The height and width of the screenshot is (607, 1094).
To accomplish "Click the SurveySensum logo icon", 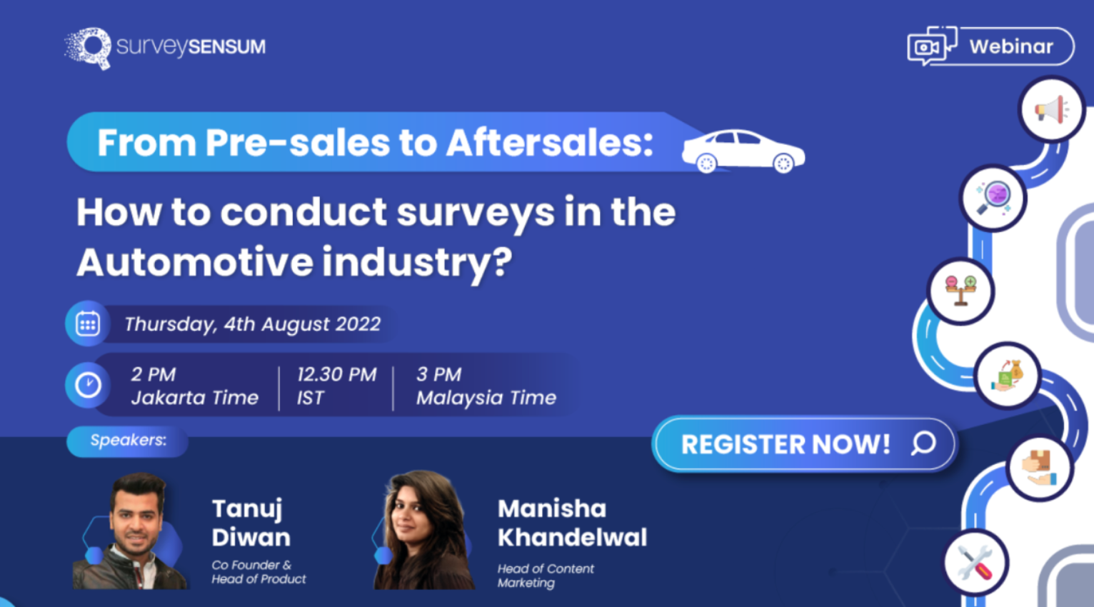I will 89,48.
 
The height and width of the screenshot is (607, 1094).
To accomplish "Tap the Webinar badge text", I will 1010,46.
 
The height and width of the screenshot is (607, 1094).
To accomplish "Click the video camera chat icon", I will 931,46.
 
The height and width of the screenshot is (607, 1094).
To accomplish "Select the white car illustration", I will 743,151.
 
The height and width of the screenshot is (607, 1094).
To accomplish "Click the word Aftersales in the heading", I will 549,142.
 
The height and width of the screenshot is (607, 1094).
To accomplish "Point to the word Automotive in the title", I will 194,261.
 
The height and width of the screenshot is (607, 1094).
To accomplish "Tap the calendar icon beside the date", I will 88,324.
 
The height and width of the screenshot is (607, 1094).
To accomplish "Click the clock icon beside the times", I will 88,386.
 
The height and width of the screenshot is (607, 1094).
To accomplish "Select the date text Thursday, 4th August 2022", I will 252,324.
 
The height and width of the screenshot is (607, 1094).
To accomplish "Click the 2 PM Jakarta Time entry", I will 194,386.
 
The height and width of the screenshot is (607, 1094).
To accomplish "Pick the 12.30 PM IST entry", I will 336,386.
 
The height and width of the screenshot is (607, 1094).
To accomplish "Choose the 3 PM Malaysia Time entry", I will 486,386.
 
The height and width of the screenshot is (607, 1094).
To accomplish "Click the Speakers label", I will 128,441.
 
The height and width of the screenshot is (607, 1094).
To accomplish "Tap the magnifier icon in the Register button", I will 923,443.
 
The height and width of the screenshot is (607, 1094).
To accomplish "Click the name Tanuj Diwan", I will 251,523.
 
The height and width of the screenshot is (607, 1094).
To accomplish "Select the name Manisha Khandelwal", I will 572,523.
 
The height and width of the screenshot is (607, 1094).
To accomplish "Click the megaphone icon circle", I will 1051,110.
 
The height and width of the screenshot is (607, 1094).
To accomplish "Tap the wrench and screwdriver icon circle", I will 975,563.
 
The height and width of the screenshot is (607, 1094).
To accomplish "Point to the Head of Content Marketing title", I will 546,576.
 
